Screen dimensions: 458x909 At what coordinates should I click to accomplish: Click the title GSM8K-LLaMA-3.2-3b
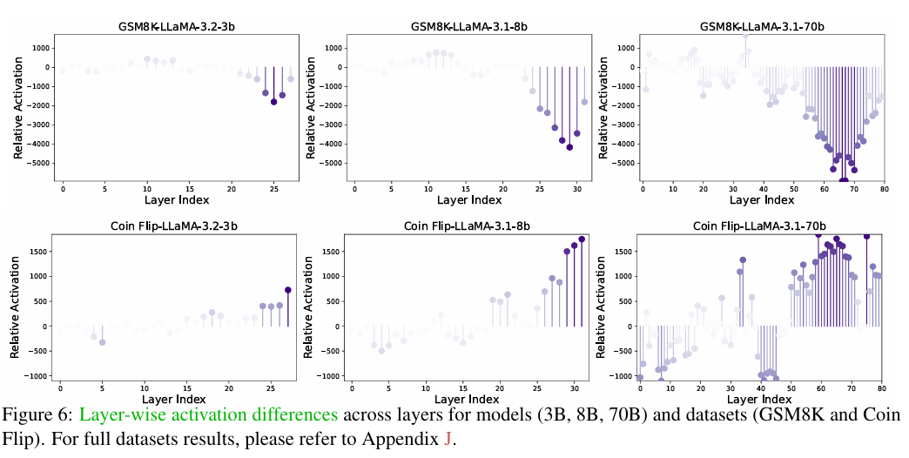coord(177,26)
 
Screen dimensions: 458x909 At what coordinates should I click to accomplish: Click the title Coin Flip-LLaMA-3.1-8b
coord(468,226)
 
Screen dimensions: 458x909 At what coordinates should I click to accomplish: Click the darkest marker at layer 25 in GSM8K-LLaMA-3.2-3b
coord(273,102)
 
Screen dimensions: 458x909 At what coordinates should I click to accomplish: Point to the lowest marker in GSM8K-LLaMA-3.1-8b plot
coord(569,147)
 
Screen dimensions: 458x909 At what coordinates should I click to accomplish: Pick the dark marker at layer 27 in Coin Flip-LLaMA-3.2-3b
coord(288,290)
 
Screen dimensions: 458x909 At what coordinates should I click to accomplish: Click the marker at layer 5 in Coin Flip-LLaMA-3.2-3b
coord(102,342)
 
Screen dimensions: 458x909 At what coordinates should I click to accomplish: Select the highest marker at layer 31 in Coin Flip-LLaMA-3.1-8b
coord(582,239)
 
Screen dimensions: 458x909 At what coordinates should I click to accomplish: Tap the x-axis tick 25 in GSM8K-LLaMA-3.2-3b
coord(273,188)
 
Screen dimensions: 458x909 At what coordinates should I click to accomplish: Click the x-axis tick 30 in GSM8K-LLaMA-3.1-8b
coord(576,188)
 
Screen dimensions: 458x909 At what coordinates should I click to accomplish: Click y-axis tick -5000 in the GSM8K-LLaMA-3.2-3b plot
coord(37,163)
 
